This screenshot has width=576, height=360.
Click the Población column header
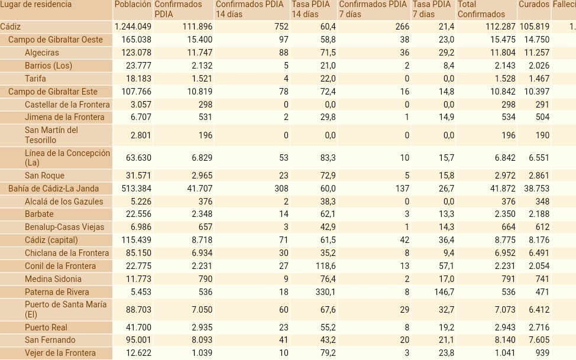coord(132,5)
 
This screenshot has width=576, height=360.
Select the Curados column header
coord(533,5)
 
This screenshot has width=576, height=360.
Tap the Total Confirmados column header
coord(481,9)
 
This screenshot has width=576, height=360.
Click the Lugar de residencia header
coord(36,5)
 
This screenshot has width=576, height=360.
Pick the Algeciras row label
coord(41,53)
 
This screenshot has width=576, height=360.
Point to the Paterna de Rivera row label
coord(57,292)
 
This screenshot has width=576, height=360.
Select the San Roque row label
coord(44,176)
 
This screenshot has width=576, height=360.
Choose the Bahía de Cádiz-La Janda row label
coord(53,189)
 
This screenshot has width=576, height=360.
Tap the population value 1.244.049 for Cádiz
coord(133,27)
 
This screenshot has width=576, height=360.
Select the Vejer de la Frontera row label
coord(60,353)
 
